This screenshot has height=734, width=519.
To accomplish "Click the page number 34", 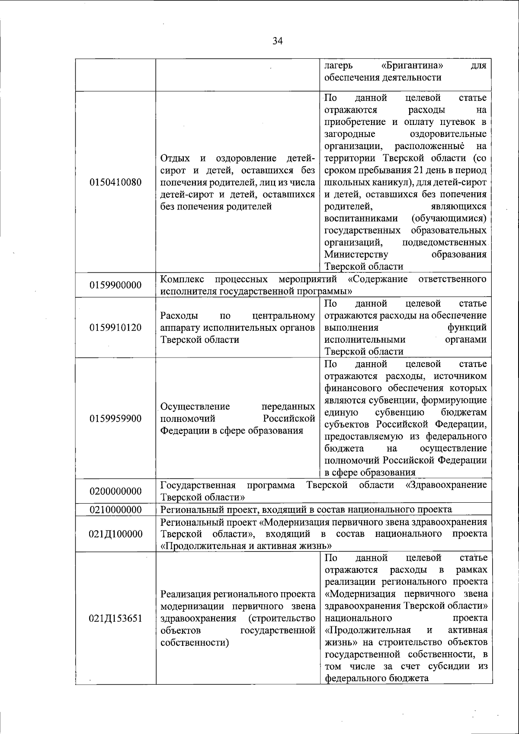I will (277, 41).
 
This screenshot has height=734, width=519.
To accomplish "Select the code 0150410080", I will (115, 182).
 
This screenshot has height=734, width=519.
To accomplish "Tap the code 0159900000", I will (115, 285).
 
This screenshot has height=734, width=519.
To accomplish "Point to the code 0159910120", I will (115, 327).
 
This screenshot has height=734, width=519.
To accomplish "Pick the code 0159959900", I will (115, 418).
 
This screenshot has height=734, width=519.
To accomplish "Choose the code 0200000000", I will (115, 491).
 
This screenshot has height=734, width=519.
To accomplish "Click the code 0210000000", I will (115, 510).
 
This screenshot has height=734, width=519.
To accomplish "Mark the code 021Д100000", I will (115, 534).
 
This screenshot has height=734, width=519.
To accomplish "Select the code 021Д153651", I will (115, 618).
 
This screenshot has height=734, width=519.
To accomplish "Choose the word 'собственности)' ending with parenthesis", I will (195, 642).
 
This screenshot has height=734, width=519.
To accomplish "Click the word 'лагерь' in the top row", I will (339, 66).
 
